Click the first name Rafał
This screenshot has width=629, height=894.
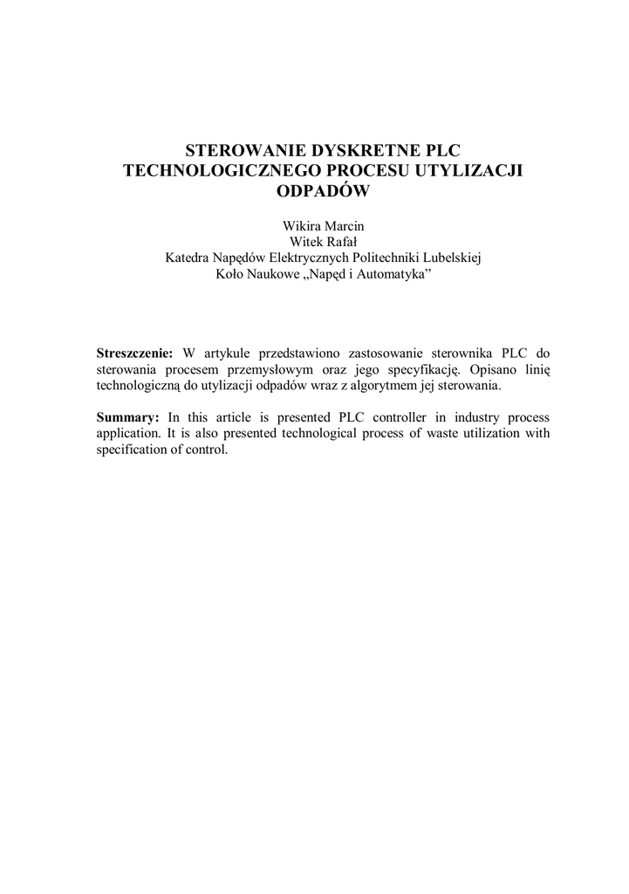click(x=341, y=242)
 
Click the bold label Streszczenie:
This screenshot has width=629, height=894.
click(x=135, y=354)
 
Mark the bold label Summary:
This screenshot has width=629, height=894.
click(x=127, y=416)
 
